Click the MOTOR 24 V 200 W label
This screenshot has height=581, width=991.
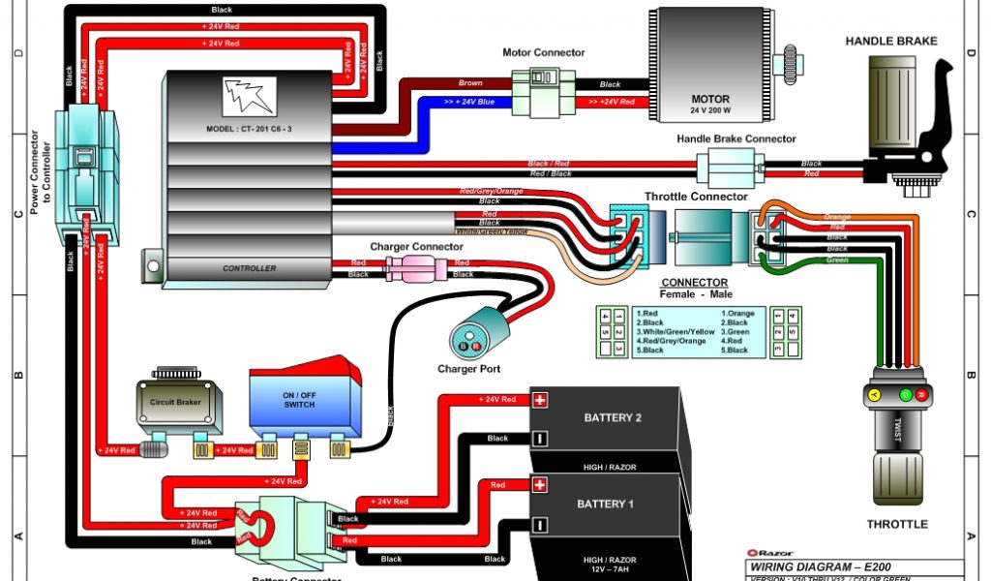710,105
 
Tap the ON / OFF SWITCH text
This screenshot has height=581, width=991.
299,399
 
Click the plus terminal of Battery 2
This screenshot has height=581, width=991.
540,400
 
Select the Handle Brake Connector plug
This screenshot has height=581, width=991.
735,168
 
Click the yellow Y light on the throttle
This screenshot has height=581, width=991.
873,395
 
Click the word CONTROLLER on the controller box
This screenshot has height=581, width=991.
249,268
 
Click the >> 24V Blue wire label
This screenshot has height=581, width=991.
469,101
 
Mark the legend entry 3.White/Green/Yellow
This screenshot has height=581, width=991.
675,332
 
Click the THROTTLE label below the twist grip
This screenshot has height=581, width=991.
896,524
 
